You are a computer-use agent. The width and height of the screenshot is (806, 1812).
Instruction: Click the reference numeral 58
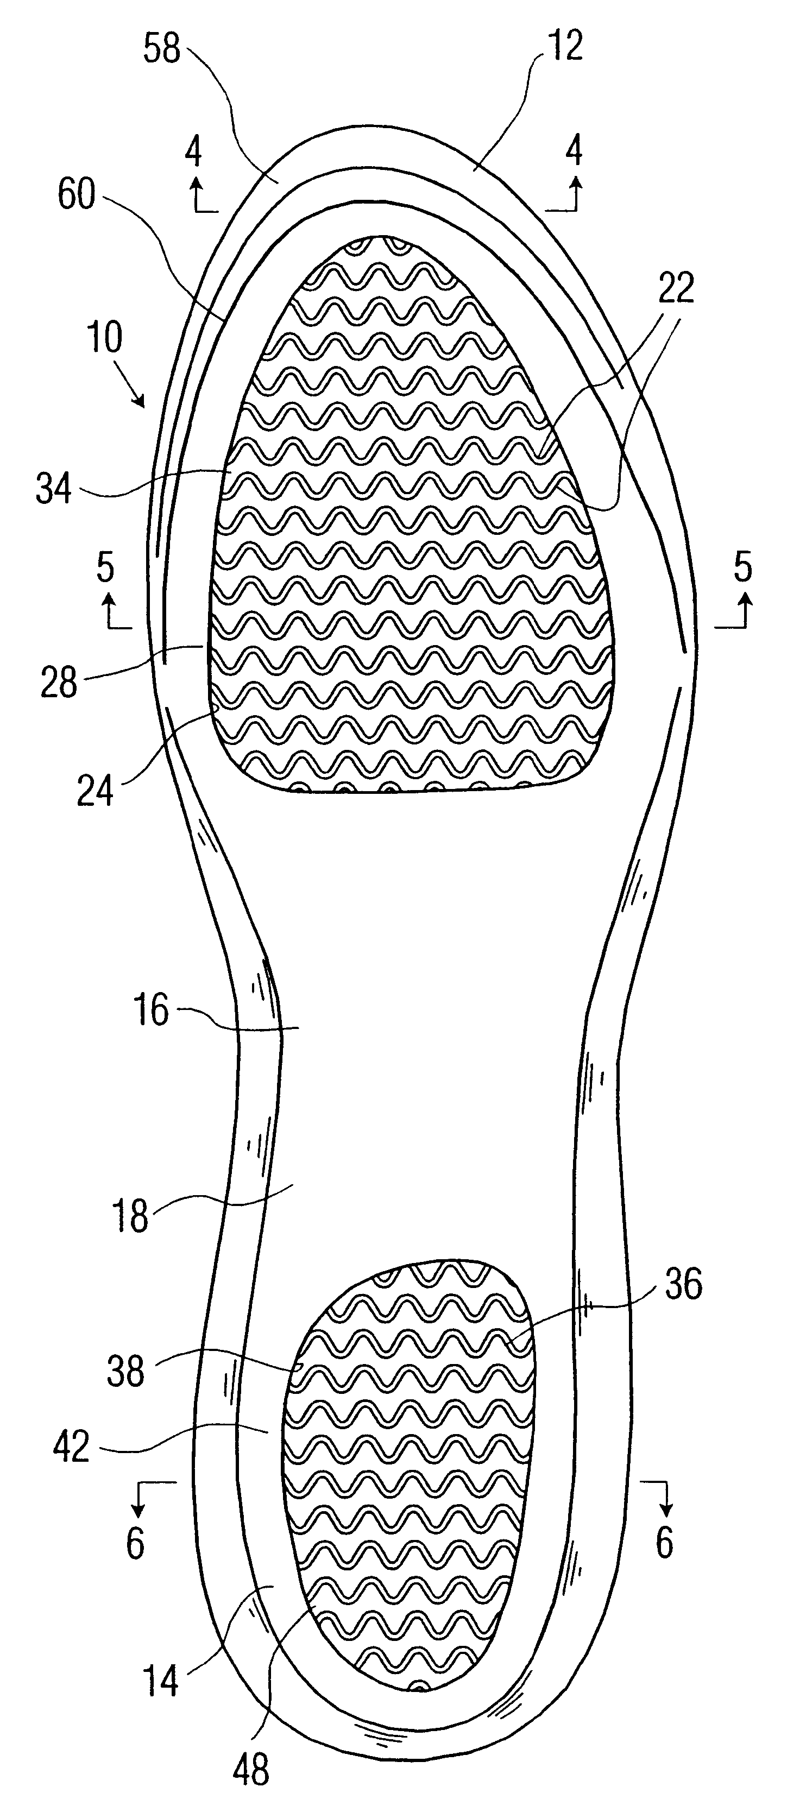[162, 49]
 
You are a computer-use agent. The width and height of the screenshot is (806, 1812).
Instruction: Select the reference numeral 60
[76, 195]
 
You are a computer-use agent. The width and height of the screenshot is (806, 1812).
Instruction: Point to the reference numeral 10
[105, 338]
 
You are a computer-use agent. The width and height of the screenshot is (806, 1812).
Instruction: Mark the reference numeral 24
[96, 791]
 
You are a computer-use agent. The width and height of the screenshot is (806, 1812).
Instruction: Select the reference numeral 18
[131, 1215]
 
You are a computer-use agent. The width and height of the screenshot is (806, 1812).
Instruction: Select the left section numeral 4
[194, 150]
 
